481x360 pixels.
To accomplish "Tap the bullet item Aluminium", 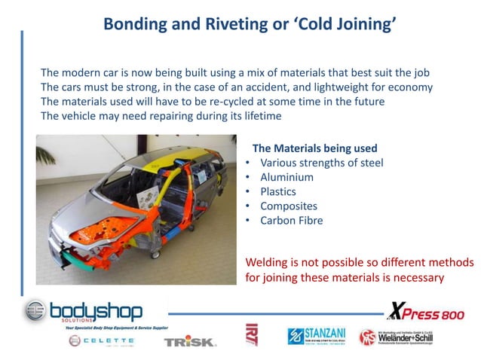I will point(286,177).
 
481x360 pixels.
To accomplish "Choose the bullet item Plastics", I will point(278,191).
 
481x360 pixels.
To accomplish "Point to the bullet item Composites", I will point(289,206).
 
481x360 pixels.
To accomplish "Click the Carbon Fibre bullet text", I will point(291,220).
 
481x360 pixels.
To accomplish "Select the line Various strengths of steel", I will point(321,163).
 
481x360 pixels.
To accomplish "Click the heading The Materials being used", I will point(314,148).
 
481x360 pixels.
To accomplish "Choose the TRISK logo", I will point(190,341).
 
